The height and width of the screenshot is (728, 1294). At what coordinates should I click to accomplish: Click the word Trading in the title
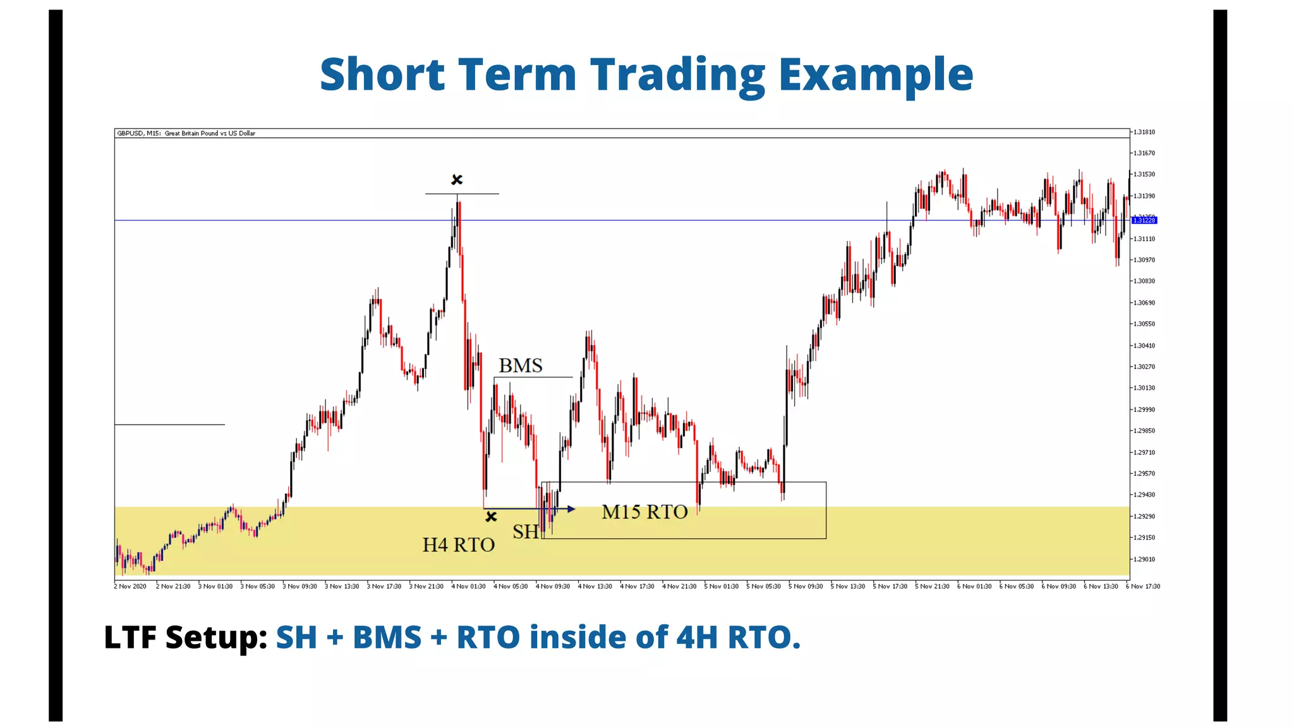point(677,75)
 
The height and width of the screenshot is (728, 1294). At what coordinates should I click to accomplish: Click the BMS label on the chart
point(520,366)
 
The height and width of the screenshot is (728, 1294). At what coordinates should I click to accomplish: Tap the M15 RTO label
point(644,512)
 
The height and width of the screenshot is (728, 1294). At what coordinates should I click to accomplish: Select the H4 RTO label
point(458,545)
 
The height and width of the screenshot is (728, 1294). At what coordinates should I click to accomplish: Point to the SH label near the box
point(525,532)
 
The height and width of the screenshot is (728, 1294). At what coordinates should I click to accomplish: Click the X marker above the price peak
point(457,180)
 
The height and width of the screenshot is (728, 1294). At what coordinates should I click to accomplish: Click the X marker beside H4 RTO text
point(491,517)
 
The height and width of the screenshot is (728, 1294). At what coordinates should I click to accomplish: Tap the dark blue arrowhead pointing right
point(571,509)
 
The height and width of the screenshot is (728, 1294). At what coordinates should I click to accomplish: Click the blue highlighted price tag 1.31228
point(1144,220)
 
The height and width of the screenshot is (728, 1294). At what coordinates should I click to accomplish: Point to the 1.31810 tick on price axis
point(1144,132)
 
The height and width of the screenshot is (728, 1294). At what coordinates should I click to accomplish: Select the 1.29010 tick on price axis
point(1144,559)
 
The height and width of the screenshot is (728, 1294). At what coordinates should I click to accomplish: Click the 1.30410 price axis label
point(1144,346)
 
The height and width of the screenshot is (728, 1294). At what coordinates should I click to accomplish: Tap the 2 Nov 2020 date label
point(130,586)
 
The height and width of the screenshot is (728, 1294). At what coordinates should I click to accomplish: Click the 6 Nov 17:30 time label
point(1144,586)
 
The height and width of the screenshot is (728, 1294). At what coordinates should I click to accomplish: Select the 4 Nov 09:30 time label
point(553,586)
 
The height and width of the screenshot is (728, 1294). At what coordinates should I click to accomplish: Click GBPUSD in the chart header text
point(129,133)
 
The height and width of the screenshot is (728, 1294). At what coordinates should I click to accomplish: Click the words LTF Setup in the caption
point(186,637)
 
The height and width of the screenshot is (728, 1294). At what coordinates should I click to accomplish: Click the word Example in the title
point(876,75)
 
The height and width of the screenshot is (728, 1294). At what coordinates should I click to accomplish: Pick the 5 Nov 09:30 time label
point(806,586)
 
